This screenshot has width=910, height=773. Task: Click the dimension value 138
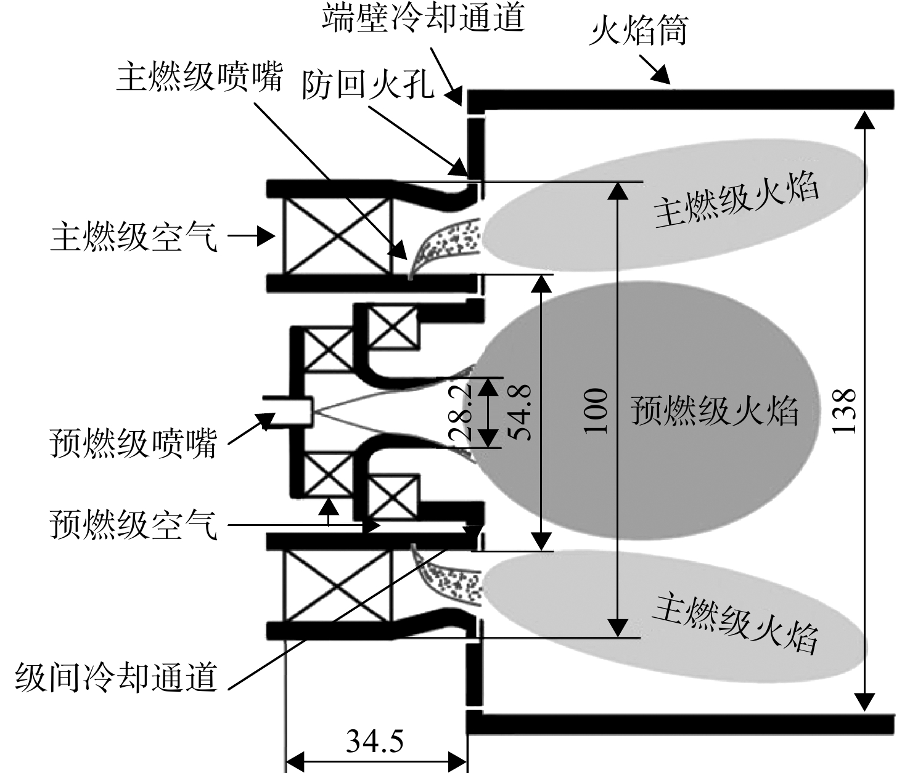(844, 411)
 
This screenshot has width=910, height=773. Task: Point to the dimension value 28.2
(461, 412)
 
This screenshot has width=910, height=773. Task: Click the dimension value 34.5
(375, 727)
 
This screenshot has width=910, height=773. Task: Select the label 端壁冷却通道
(423, 18)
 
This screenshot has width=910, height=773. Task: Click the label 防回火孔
(367, 84)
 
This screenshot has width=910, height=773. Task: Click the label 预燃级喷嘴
(133, 443)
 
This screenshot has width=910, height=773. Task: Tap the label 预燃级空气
(133, 524)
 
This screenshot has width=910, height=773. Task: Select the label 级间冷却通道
(117, 677)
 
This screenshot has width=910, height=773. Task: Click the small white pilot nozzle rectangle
(291, 412)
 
